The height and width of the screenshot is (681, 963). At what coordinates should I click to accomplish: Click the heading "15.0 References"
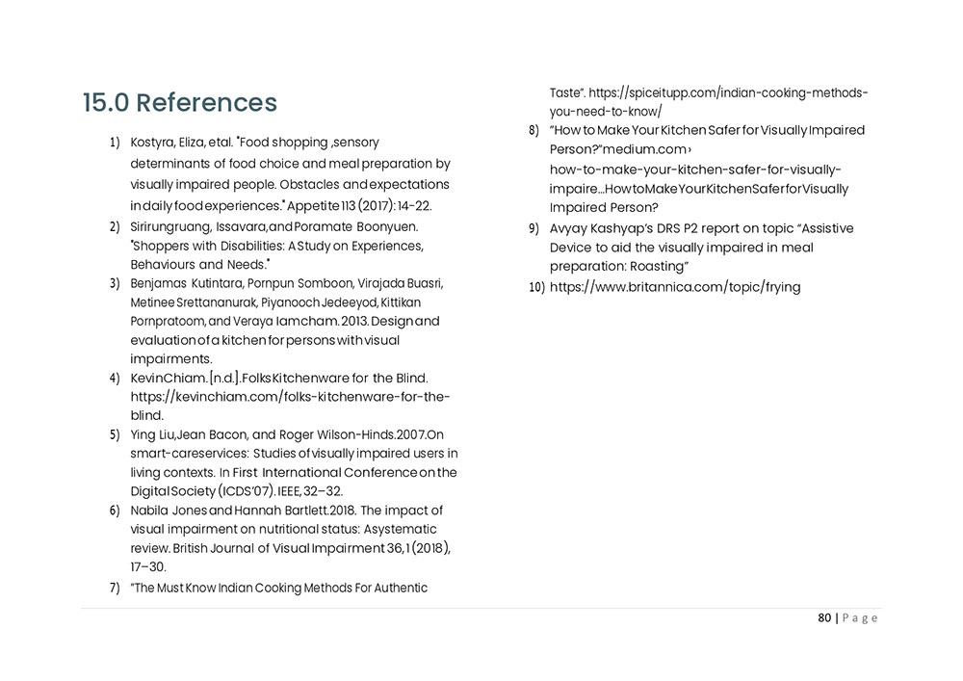click(179, 103)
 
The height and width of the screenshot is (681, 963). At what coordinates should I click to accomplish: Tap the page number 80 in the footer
click(824, 618)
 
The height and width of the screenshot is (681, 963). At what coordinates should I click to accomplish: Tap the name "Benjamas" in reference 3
click(158, 284)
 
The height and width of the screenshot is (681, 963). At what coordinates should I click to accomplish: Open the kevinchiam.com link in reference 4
click(290, 396)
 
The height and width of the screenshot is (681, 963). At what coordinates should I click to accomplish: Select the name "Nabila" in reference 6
click(151, 511)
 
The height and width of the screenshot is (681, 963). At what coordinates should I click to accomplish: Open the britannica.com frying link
click(674, 287)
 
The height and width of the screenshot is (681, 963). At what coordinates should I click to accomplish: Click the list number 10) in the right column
click(537, 288)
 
